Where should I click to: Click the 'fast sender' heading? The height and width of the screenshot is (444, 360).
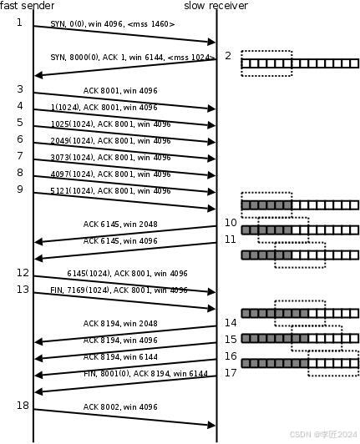point(28,5)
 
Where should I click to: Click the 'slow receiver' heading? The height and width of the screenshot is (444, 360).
point(216,5)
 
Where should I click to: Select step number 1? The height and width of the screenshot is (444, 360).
point(19,22)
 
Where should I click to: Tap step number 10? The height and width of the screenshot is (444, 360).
point(231,223)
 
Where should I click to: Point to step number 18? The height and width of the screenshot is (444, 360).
point(23,406)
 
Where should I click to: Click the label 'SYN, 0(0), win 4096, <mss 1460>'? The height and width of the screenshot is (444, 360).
point(113,24)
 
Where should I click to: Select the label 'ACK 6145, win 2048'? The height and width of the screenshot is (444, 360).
point(120,225)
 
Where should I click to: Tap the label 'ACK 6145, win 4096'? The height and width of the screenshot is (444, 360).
point(120,241)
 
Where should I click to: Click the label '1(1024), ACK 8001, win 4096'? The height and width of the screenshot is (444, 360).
point(104,108)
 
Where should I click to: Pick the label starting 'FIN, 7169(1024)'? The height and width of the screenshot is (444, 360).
point(119,290)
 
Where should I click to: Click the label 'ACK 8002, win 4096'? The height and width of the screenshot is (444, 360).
point(120,407)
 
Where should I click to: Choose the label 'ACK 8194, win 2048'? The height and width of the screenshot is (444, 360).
point(120,323)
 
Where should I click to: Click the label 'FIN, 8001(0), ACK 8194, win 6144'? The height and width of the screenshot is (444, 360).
point(145,374)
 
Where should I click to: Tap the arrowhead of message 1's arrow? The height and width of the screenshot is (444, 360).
point(211,43)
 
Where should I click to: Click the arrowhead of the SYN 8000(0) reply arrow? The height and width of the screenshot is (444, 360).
point(38,75)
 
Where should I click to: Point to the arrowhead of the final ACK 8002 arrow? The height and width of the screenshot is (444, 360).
point(211,425)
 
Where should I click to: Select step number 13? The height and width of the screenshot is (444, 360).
point(23,290)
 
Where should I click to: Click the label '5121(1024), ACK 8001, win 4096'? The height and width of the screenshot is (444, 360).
point(110,191)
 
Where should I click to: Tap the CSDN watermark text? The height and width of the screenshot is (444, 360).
point(323,434)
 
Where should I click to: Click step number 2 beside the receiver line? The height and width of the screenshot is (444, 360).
point(228,56)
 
